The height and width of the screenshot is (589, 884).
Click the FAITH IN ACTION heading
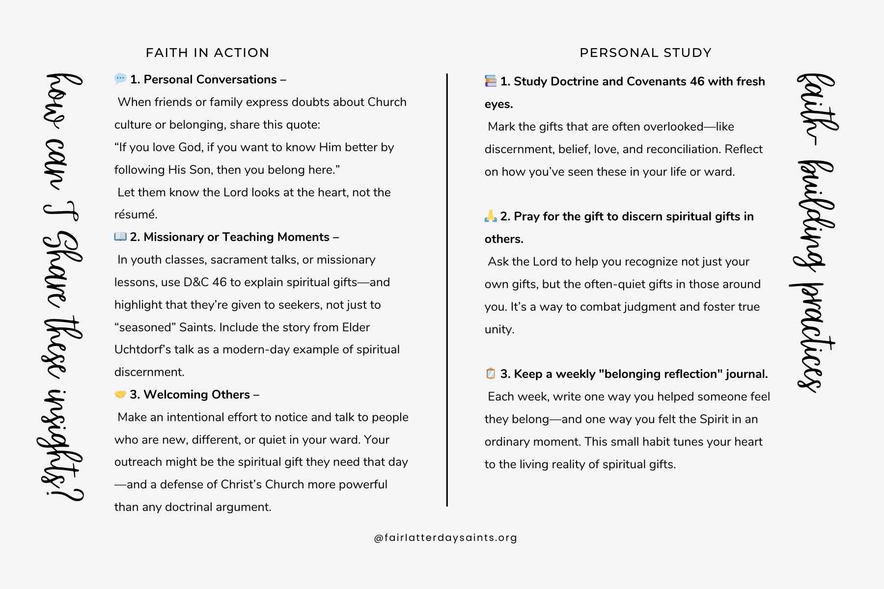click(x=207, y=53)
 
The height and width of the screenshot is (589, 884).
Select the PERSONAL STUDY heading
click(x=645, y=53)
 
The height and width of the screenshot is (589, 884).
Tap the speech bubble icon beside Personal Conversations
click(x=120, y=79)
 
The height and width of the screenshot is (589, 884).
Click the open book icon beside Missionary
click(x=120, y=237)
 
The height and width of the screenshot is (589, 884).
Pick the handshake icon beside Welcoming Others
click(x=120, y=394)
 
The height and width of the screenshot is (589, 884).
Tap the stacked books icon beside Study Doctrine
click(x=491, y=81)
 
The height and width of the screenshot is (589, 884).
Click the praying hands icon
click(x=491, y=216)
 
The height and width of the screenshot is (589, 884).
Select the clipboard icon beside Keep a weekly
click(x=491, y=374)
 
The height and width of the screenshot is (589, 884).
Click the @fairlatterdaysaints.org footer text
click(x=445, y=537)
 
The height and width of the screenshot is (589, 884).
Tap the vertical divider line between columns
click(x=447, y=290)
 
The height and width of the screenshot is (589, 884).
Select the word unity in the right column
click(x=499, y=329)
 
